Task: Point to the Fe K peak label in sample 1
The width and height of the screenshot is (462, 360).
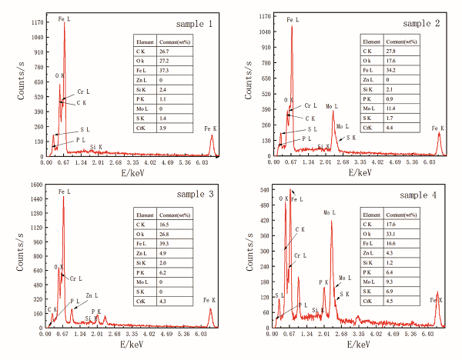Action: tap(210, 128)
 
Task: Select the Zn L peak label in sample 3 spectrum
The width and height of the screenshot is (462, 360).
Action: tap(92, 295)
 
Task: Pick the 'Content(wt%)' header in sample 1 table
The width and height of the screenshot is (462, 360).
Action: tap(172, 42)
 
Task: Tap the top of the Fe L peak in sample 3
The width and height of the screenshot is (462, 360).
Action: tap(64, 197)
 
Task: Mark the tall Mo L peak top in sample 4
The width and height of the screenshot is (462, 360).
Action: tap(332, 222)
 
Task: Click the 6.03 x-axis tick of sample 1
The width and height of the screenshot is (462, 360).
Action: tap(206, 162)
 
